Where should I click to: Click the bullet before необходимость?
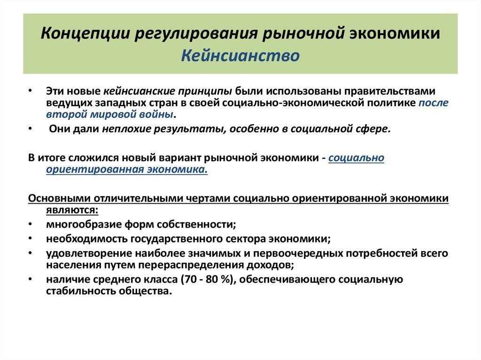[31, 239]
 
